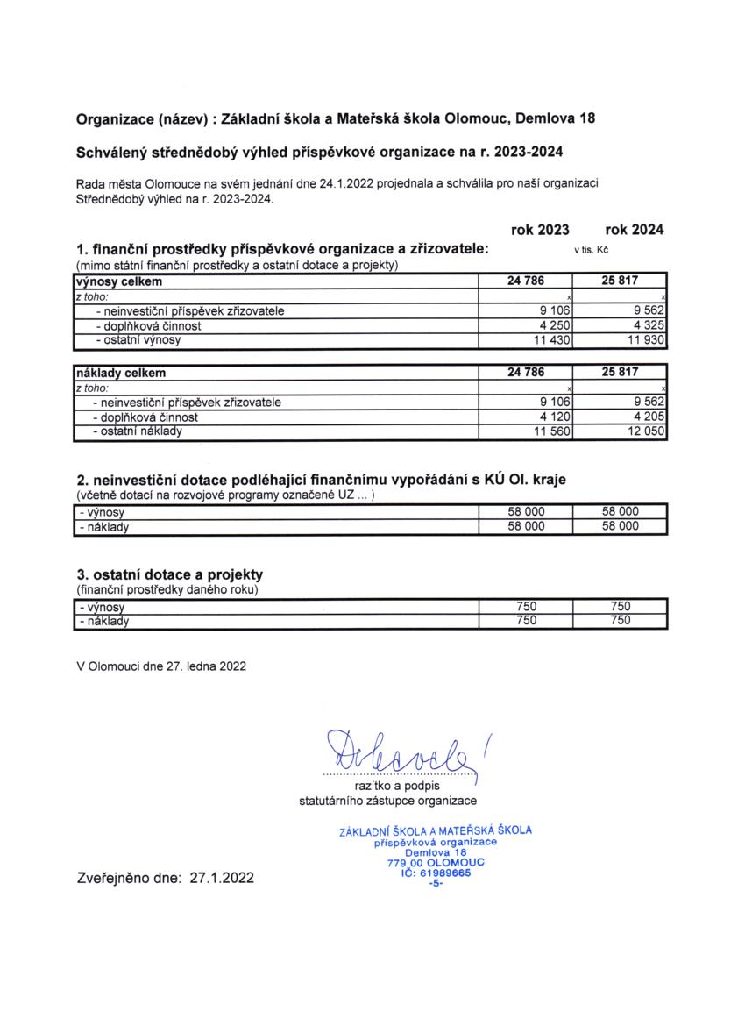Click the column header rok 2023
(x=540, y=230)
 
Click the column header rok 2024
(x=634, y=230)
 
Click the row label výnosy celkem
(x=118, y=281)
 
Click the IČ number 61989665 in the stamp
(x=445, y=873)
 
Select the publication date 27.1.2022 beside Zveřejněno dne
(x=222, y=876)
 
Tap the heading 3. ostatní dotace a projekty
(x=170, y=575)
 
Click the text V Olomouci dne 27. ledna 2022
(x=161, y=666)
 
